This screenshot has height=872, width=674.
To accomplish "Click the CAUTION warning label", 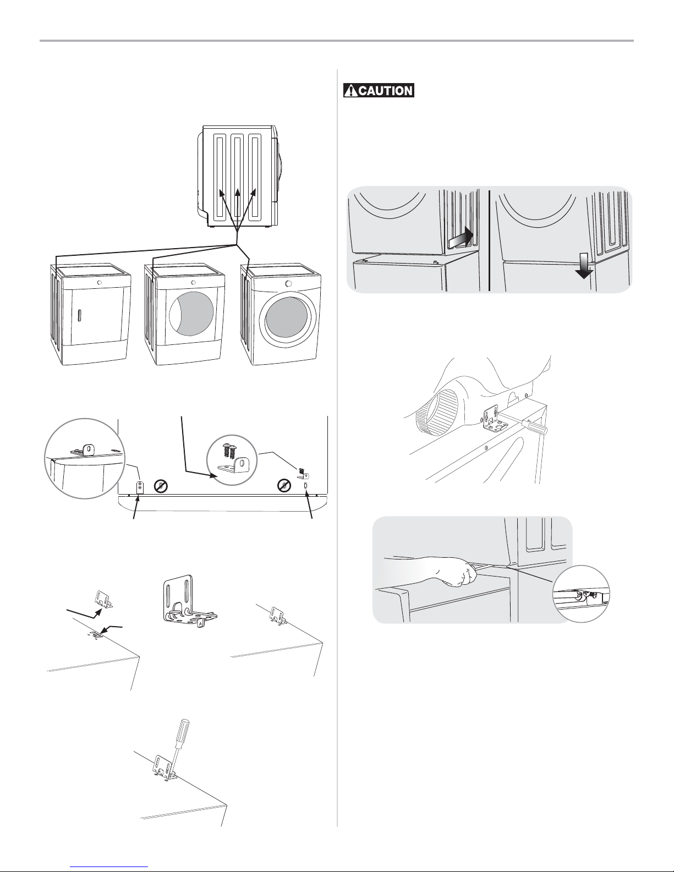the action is point(379,90).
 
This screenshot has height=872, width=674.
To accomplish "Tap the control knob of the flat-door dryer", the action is point(98,282).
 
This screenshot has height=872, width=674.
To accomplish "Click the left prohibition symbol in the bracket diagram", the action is point(161,486).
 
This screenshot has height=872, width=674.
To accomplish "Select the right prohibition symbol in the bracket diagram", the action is point(284,485).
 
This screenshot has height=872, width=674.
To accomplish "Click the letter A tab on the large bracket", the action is point(199,623).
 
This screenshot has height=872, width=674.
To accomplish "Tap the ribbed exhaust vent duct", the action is point(436,413).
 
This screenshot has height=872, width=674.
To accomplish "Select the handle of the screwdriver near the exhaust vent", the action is point(537,427).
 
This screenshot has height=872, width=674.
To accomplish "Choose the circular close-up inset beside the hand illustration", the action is point(581,594).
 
